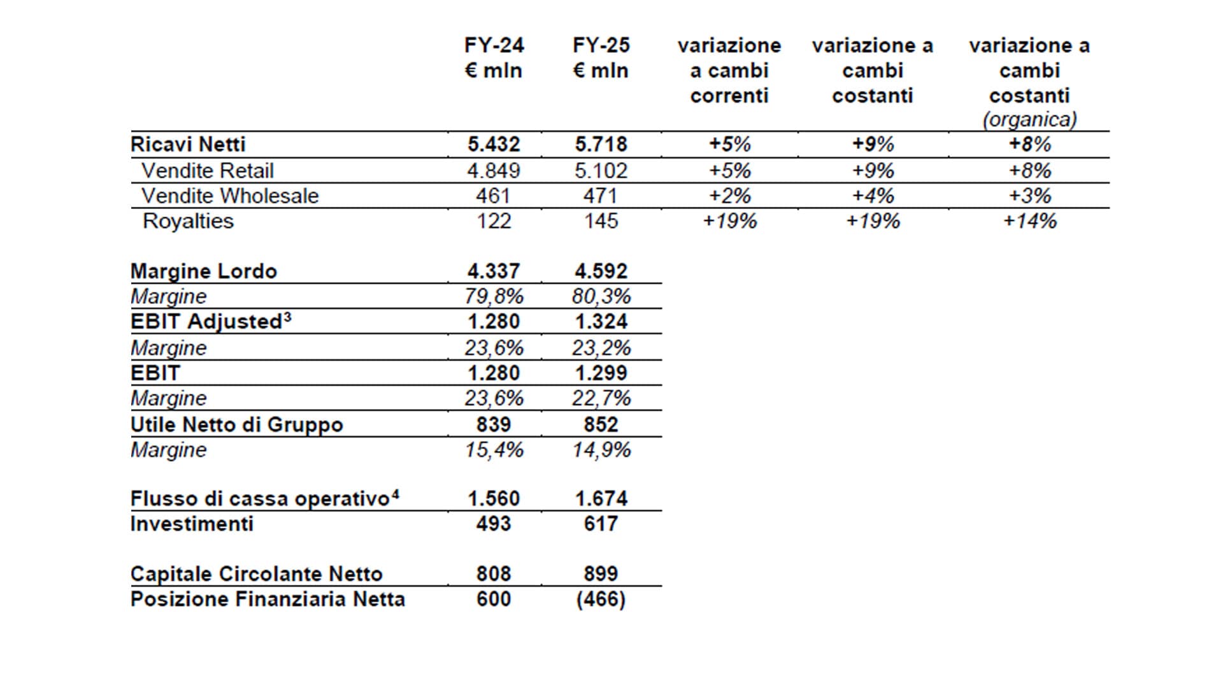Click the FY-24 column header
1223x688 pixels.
pos(494,57)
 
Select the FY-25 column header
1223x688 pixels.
pos(601,57)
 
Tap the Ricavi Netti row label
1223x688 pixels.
pos(188,145)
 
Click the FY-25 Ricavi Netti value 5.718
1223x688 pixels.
pos(601,145)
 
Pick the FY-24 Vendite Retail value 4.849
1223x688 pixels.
pos(494,171)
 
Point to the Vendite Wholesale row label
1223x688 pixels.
pos(230,196)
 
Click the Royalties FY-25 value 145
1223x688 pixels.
pos(601,221)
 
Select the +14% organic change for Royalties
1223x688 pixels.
pos(1029,221)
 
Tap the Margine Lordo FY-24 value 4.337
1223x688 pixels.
pos(494,271)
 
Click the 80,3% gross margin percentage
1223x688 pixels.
pos(601,297)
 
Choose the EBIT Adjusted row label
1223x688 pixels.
pos(211,322)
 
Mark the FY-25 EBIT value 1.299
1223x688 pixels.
pos(601,373)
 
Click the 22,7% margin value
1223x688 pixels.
pos(601,399)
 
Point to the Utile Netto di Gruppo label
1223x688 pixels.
pos(236,425)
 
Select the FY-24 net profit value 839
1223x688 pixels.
pos(494,425)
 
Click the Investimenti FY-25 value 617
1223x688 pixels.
pos(601,524)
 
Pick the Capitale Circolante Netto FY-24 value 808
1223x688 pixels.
pos(494,574)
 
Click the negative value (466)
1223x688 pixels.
pos(601,599)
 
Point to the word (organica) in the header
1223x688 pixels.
pos(1029,120)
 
